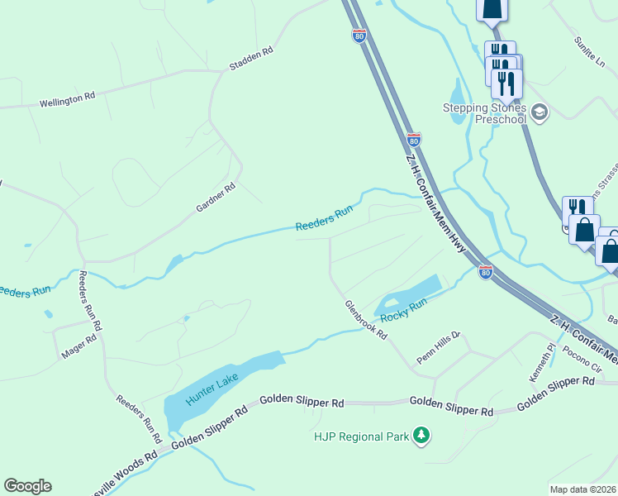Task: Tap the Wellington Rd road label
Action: click(67, 100)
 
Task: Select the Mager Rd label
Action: click(79, 346)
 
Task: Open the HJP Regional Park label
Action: click(361, 436)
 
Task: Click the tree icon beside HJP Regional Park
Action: click(421, 435)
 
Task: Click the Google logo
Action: click(27, 486)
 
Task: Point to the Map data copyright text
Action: click(582, 489)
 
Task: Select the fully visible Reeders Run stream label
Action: click(325, 217)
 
